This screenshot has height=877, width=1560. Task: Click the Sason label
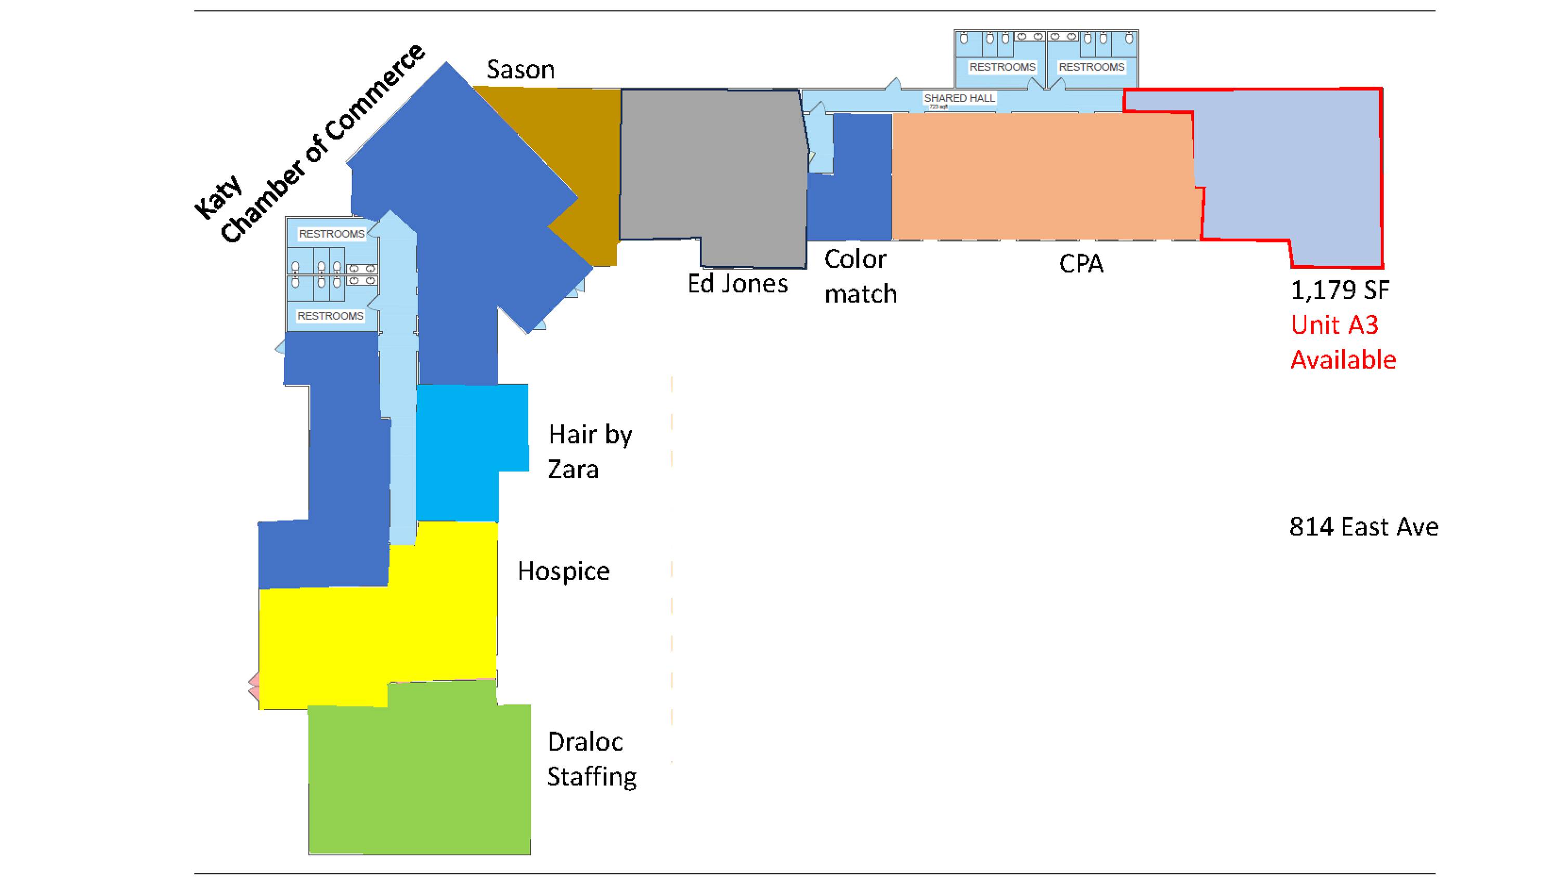[520, 70]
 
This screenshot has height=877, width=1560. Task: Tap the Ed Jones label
[737, 284]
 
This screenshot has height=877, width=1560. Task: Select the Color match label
[860, 277]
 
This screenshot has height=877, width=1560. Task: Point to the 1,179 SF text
[1340, 291]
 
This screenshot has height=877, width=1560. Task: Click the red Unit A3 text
[1334, 325]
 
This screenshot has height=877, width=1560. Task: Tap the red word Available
[1343, 360]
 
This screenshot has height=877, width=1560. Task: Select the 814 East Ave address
[1363, 527]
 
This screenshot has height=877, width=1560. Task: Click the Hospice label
[563, 571]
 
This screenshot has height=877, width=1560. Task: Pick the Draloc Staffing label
[591, 759]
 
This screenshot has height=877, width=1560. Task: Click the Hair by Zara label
[589, 452]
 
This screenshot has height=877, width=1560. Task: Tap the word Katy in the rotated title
[218, 198]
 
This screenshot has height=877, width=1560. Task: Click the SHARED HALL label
[959, 98]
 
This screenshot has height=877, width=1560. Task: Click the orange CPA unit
[1042, 176]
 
